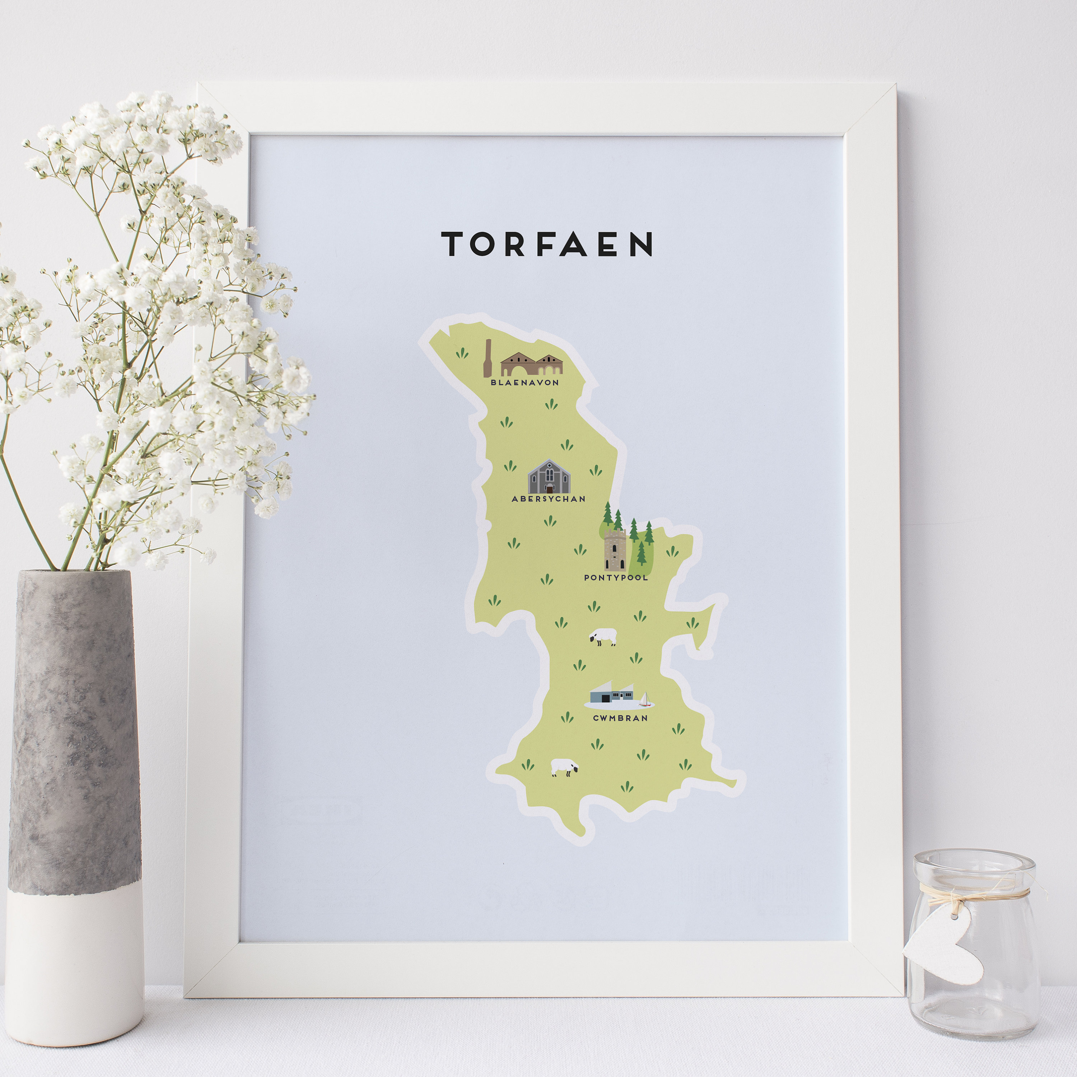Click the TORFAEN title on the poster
point(546,244)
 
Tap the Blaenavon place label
point(524,382)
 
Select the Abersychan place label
point(549,499)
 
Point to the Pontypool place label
point(616,578)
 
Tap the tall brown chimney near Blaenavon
point(488,358)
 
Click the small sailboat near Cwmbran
point(645,700)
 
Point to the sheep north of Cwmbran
point(604,636)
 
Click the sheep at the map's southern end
point(564,767)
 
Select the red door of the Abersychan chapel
point(550,489)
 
